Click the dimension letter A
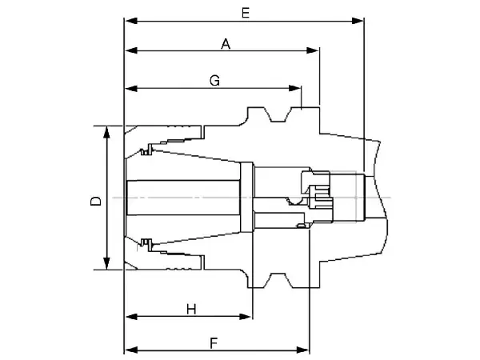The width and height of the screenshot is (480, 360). point(226,46)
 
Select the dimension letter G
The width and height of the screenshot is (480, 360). point(214,81)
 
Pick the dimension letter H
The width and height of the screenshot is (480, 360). point(191,309)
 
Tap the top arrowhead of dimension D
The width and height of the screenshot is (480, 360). point(107,130)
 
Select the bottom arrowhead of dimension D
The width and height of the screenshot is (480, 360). point(107,266)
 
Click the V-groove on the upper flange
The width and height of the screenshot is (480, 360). point(278,117)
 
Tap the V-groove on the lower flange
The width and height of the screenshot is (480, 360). point(278,279)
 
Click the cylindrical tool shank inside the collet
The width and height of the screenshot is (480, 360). point(184,198)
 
